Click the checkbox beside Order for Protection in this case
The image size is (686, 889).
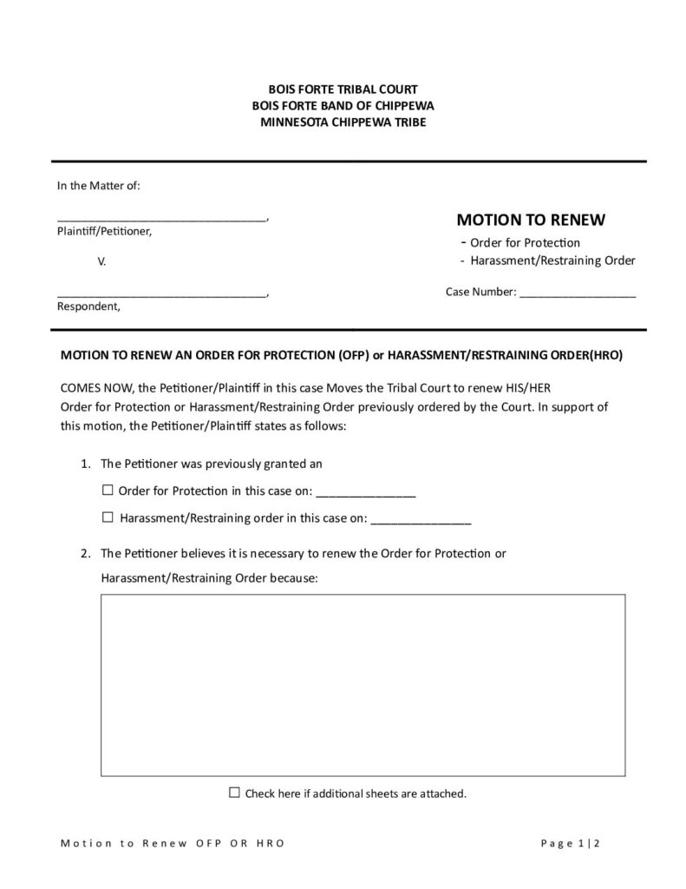point(108,491)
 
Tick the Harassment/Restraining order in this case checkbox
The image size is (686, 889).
point(108,517)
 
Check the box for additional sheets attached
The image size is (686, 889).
point(234,793)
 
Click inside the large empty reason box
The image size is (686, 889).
point(363,684)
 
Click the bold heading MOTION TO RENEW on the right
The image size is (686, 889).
point(531,220)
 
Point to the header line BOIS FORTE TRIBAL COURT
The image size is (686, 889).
point(343,89)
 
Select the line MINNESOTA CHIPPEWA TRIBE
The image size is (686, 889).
point(343,122)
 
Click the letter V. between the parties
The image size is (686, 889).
point(101,260)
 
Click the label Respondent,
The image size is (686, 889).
point(89,306)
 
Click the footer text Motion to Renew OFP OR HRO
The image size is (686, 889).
point(172,843)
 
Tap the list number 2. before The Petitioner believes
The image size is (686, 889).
point(86,553)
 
